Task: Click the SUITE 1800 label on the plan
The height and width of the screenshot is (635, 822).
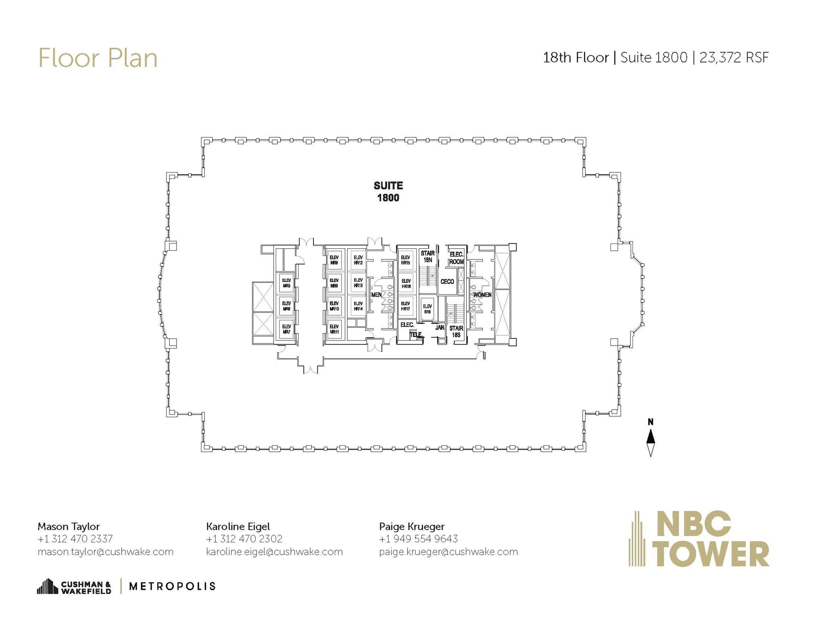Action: [x=388, y=192]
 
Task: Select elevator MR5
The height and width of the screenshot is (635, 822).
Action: [x=286, y=283]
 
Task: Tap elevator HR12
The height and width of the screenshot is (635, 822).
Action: [x=358, y=260]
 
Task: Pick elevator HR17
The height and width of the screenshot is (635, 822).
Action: [x=405, y=306]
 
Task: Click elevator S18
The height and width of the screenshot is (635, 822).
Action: [x=427, y=309]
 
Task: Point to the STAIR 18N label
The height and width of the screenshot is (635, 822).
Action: [x=427, y=256]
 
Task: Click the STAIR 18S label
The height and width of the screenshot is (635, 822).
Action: [x=456, y=331]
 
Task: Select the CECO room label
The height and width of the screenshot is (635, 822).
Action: [x=447, y=282]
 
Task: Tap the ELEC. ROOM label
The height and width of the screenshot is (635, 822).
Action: [x=456, y=258]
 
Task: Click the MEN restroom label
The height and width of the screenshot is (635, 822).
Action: [x=376, y=295]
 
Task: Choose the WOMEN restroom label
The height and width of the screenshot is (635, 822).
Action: [x=482, y=295]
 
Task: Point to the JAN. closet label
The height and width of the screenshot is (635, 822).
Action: [x=439, y=327]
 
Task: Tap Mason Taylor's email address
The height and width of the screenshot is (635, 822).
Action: [x=105, y=552]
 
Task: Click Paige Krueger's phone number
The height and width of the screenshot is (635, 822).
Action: [x=418, y=539]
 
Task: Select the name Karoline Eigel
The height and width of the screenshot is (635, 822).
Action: [x=238, y=526]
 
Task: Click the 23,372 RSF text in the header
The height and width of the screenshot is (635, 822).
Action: [x=734, y=58]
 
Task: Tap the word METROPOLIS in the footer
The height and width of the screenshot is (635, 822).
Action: [x=172, y=586]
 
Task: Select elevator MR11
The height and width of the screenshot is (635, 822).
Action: [x=334, y=329]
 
